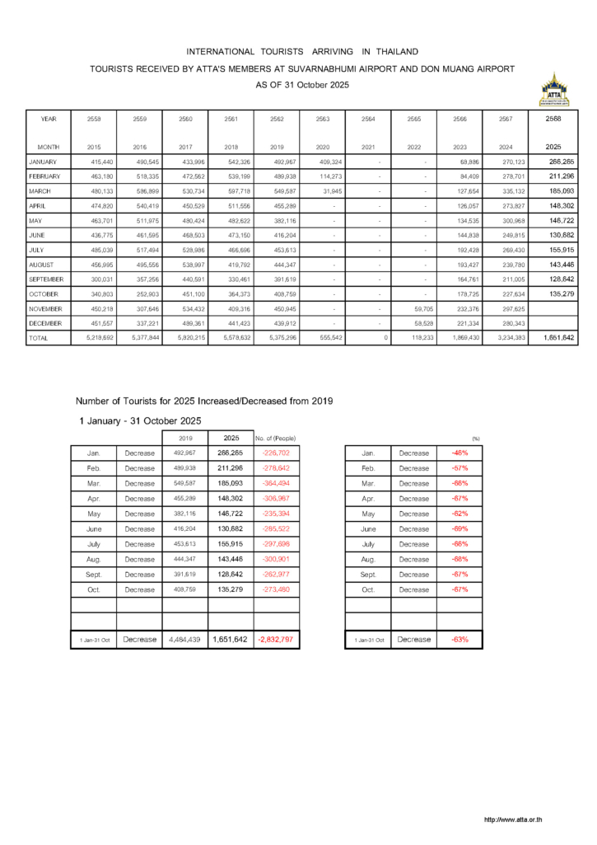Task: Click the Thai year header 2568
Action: [554, 119]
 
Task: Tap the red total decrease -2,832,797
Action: [276, 639]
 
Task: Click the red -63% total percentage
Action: [460, 639]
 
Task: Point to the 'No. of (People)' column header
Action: [276, 438]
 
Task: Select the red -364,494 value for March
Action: [276, 483]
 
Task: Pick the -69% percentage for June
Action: [459, 528]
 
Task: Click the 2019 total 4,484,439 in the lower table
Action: [185, 639]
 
